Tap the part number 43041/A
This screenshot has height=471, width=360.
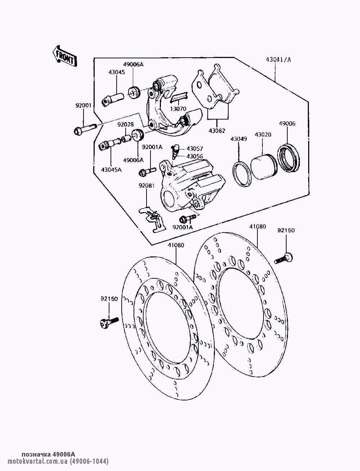[278, 60]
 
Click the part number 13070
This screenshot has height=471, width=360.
[178, 108]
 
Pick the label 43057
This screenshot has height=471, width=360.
[195, 149]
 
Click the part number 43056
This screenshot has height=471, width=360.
[195, 156]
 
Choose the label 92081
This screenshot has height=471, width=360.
[147, 186]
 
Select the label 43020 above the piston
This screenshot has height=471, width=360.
[263, 135]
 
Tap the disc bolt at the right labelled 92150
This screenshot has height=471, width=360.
[284, 258]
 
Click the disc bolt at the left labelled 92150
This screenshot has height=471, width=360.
[108, 322]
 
